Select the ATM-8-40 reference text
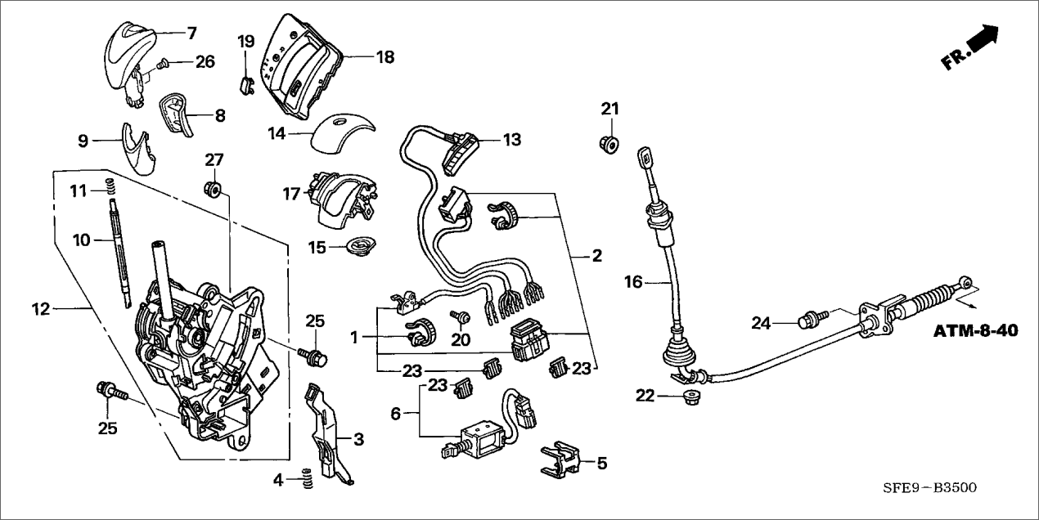coord(975,332)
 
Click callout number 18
coord(385,57)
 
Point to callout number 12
coord(41,309)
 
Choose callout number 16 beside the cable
coord(633,282)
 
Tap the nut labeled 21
coord(609,141)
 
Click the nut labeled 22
coord(690,398)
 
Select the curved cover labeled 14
coord(341,130)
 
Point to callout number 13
coord(511,141)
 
